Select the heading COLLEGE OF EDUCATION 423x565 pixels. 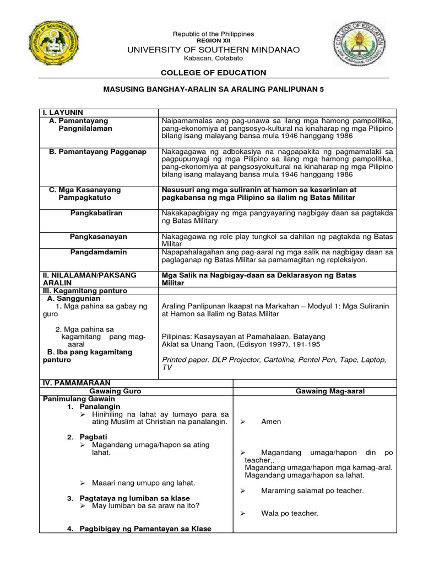click(x=213, y=72)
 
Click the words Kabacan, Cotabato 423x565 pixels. click(x=213, y=59)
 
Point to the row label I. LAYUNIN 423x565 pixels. click(x=63, y=113)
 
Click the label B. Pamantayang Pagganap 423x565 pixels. click(x=98, y=152)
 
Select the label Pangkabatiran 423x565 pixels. click(x=98, y=212)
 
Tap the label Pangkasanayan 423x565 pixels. click(x=98, y=236)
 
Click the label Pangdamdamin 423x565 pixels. click(x=98, y=252)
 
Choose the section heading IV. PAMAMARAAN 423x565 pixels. click(x=77, y=382)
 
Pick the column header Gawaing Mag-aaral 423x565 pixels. click(x=330, y=391)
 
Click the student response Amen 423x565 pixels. click(x=271, y=422)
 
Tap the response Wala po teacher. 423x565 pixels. click(x=290, y=513)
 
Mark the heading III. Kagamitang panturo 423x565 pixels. click(x=85, y=290)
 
